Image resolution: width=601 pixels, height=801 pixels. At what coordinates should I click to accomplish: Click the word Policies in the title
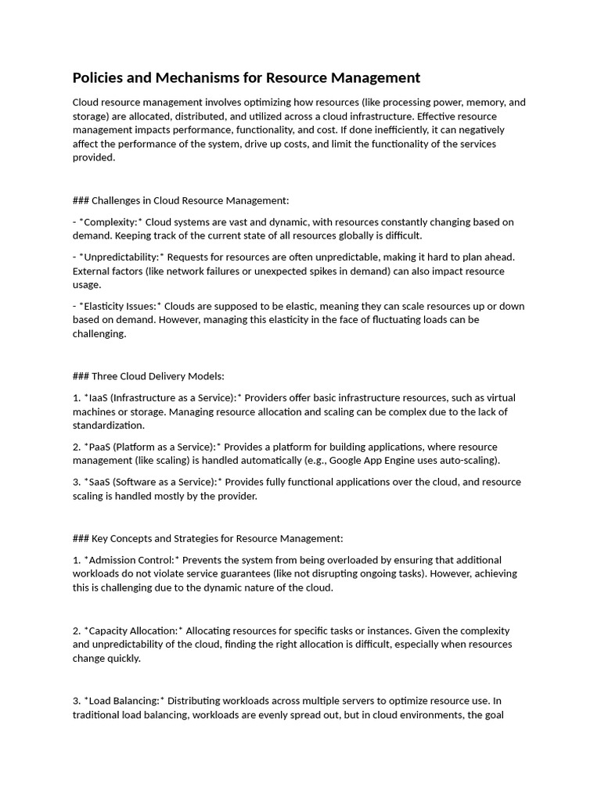(x=97, y=77)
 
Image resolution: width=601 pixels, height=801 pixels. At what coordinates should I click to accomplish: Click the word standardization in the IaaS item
(x=109, y=426)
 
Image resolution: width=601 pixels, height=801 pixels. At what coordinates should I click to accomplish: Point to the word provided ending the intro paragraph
(x=94, y=157)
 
